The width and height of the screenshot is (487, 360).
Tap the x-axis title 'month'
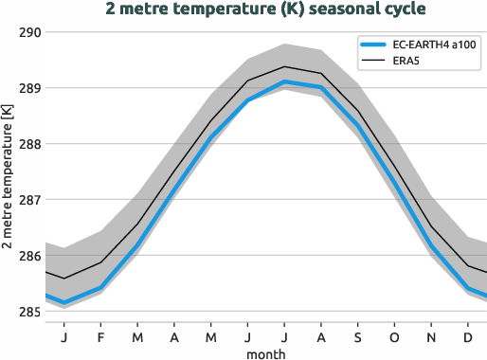click(265, 353)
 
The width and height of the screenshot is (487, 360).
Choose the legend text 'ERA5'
click(407, 62)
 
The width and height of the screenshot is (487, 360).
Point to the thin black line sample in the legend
click(373, 62)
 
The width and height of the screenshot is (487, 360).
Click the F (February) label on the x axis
click(100, 336)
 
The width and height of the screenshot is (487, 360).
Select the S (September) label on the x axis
click(357, 336)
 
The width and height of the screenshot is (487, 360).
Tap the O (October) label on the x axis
click(394, 336)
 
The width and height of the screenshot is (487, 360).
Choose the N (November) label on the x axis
click(431, 336)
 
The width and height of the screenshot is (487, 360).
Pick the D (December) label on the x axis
click(468, 336)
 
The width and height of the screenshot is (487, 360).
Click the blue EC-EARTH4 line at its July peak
click(284, 82)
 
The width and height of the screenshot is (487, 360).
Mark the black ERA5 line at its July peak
click(284, 66)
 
